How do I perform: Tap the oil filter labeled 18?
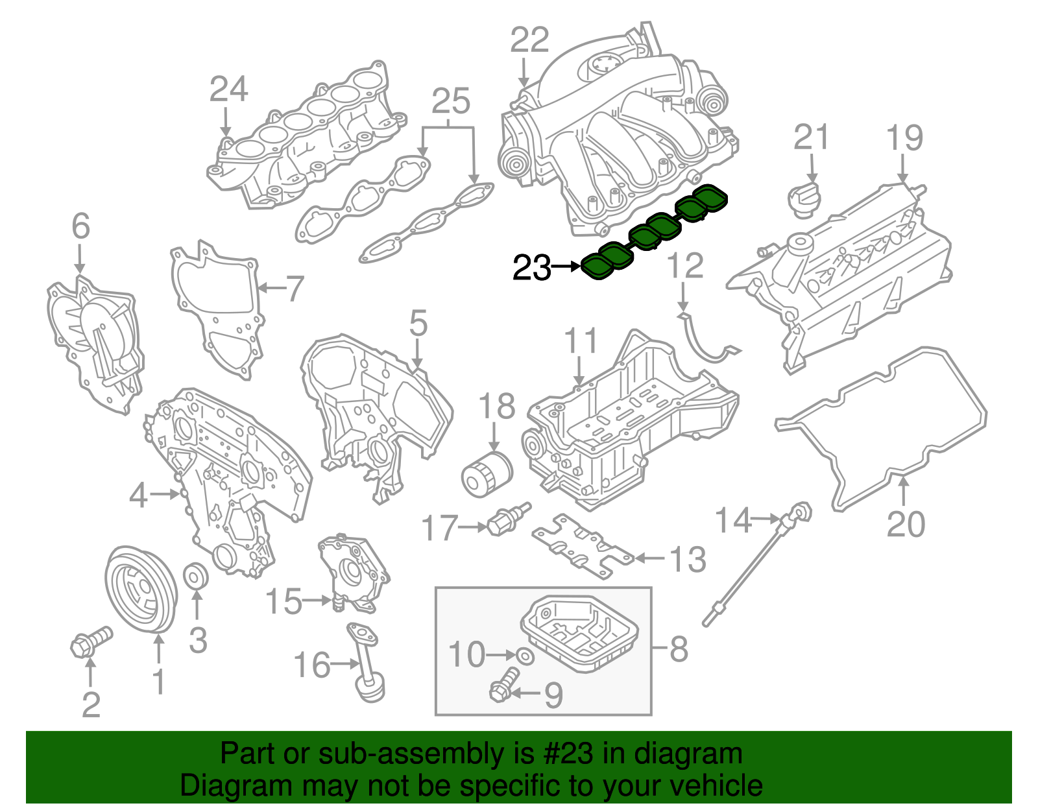[486, 476]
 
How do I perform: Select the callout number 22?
[529, 40]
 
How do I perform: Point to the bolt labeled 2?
[90, 641]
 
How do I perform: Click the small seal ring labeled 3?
[196, 576]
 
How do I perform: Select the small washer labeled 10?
[526, 656]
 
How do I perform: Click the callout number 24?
[228, 89]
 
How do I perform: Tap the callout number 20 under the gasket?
[906, 524]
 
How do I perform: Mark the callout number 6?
[80, 226]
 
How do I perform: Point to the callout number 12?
[685, 266]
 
